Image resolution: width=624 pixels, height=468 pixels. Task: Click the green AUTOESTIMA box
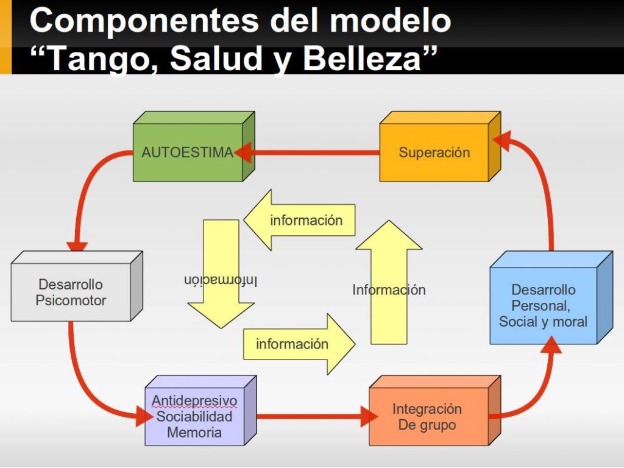(193, 146)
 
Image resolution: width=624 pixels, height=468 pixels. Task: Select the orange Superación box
(440, 146)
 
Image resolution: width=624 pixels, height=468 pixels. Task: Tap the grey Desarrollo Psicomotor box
(76, 286)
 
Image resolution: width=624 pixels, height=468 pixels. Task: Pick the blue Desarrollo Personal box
(551, 297)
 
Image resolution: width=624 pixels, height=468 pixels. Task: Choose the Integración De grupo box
(434, 411)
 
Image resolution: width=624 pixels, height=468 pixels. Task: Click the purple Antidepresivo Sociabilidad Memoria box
(200, 411)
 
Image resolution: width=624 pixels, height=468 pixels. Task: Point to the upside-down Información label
(221, 280)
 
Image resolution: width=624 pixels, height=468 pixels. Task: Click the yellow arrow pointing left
(299, 220)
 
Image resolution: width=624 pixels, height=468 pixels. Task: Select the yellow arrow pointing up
(389, 282)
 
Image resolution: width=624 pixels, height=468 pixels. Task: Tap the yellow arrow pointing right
(299, 344)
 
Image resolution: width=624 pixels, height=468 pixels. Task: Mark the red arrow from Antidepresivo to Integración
(317, 417)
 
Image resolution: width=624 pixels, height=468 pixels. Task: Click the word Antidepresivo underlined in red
(194, 400)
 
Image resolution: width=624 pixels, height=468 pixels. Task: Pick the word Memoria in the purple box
(194, 432)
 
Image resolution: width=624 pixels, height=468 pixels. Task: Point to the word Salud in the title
(219, 58)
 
